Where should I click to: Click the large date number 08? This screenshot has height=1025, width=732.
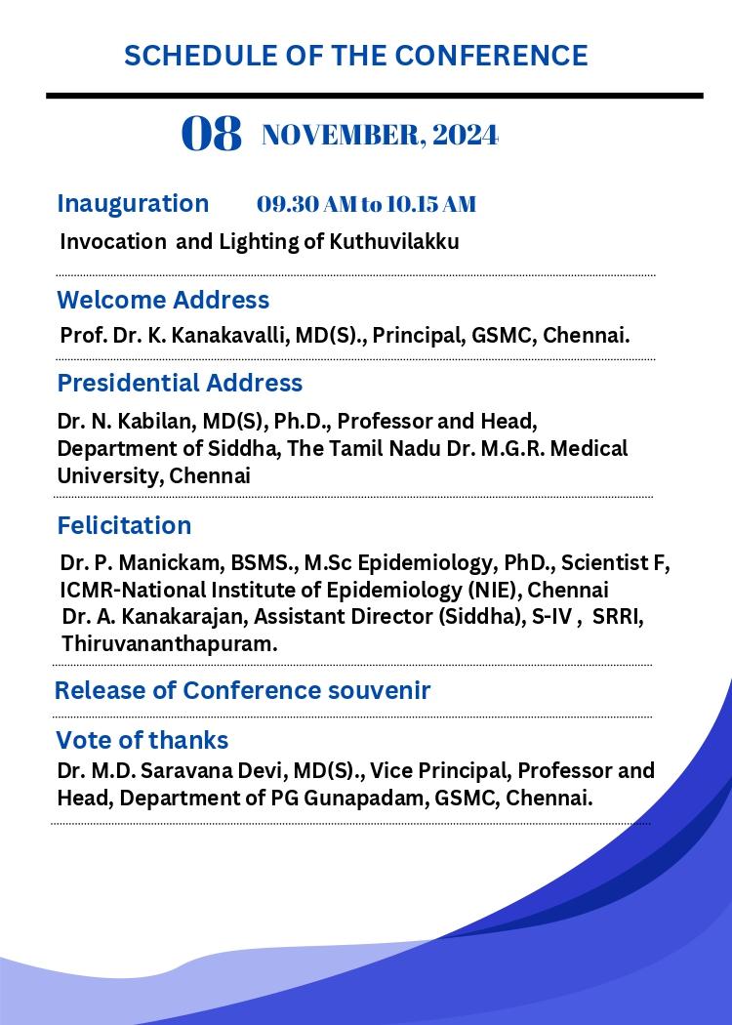pos(211,134)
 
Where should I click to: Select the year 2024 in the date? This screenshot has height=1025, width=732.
pos(466,136)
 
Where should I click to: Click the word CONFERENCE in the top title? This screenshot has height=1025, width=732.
pos(492,56)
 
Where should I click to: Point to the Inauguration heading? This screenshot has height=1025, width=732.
pos(133,203)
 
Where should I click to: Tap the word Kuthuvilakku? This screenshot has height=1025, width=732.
pos(394,241)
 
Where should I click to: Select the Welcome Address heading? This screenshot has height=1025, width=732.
pos(163,300)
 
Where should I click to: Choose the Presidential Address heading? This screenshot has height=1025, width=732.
pos(180,383)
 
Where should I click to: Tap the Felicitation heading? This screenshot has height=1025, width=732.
pos(124,525)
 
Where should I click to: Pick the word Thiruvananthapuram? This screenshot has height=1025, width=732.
pos(170,644)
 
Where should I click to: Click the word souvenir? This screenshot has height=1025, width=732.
pos(379,690)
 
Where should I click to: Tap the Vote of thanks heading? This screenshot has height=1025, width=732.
pos(142,741)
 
